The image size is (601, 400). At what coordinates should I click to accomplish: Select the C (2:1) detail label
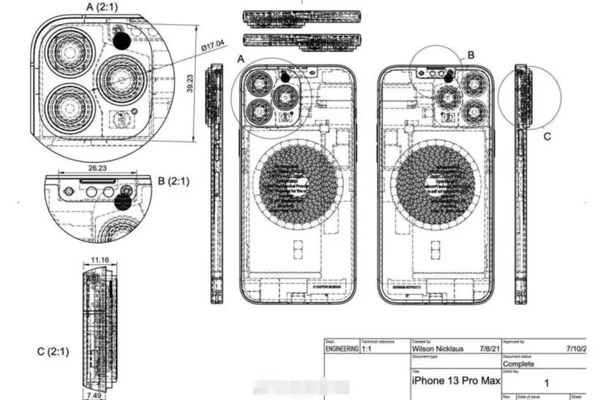point(53,351)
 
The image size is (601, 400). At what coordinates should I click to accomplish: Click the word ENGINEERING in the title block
point(341,350)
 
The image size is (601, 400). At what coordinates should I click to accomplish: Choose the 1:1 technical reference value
point(370,350)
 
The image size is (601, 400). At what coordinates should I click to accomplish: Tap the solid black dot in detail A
point(121,42)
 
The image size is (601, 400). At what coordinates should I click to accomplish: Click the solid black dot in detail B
point(124,202)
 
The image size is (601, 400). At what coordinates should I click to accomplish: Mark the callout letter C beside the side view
point(547,134)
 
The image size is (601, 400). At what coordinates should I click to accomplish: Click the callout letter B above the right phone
point(471,55)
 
